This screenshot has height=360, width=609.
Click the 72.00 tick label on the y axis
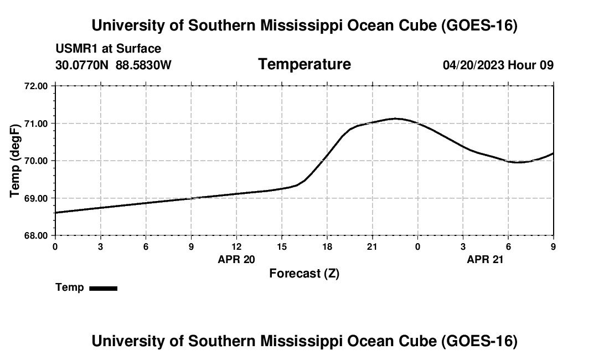coord(36,86)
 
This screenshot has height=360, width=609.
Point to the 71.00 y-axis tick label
coord(36,124)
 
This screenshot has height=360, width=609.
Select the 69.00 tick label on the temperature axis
coord(36,198)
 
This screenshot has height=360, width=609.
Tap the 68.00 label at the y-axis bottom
coord(36,236)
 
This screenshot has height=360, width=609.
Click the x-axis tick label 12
coord(236,246)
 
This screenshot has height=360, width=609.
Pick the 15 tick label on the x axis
coord(282,246)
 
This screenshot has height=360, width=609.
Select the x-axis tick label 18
coord(327,246)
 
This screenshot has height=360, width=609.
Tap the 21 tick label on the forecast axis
coord(373,246)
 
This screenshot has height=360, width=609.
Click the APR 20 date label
coord(236,259)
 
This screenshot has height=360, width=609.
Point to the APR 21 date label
coord(485,259)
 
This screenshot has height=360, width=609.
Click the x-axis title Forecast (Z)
coord(304,274)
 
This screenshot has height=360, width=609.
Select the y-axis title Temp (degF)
coord(15,161)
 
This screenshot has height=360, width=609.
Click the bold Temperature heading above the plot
coord(304,64)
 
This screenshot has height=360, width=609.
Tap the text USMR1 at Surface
coord(109,49)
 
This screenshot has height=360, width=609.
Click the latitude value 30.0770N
coord(82,65)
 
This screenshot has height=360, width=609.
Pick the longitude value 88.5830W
coord(144,65)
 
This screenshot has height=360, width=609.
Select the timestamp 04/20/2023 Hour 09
coord(498,65)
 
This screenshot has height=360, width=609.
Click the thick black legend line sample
coord(104,289)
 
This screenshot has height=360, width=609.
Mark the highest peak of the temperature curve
coord(395,119)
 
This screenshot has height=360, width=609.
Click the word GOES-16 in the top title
coord(480,25)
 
